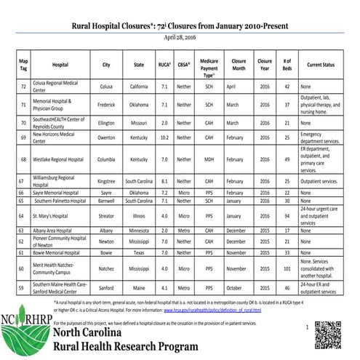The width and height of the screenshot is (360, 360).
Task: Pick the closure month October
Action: [x=238, y=288]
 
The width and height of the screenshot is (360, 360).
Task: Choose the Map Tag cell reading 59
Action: [x=23, y=288]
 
